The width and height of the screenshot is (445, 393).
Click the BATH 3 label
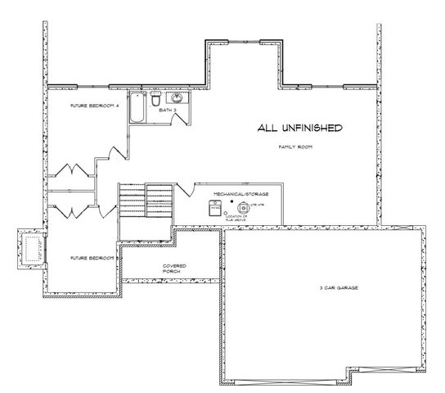[169, 108]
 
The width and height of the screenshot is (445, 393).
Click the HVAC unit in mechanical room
[215, 208]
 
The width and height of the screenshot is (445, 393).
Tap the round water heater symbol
[243, 208]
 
